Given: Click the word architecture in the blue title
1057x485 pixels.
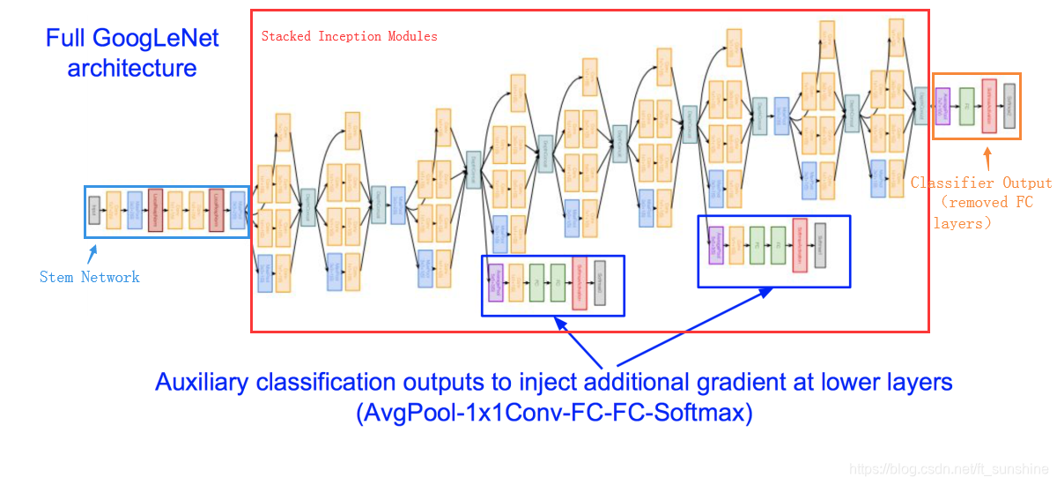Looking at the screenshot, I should (132, 68).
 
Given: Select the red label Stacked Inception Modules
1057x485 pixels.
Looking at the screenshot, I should (350, 36).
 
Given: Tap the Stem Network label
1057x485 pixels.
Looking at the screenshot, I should (90, 277).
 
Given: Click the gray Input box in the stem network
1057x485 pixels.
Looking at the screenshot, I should (94, 210).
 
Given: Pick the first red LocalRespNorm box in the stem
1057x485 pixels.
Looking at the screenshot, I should (156, 210).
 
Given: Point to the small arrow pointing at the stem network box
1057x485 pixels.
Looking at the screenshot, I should (91, 254).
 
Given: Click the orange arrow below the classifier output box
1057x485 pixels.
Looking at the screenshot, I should (988, 158).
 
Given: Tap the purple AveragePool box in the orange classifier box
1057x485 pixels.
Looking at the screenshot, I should (943, 106).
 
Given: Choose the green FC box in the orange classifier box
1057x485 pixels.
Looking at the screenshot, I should (966, 106).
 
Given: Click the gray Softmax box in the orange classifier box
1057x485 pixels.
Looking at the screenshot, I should (1009, 106).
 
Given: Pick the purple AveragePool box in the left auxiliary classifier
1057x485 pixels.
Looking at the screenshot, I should (495, 284).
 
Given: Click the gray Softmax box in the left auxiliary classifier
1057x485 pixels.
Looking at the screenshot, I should (600, 284).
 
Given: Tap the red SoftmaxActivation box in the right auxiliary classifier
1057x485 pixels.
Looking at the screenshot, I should (800, 245).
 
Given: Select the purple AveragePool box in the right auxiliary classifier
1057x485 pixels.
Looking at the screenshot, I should (716, 245).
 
